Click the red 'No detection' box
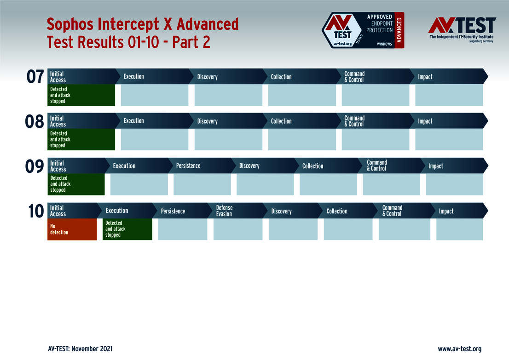[72, 229]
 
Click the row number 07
[35, 77]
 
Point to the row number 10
[36, 211]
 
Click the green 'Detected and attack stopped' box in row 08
[81, 139]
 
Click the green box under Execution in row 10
[127, 229]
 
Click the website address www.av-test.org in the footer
[460, 349]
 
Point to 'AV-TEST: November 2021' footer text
[80, 349]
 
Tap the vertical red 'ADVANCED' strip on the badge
[399, 30]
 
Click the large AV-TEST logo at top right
[462, 29]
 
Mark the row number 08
[35, 122]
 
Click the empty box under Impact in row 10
[460, 229]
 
